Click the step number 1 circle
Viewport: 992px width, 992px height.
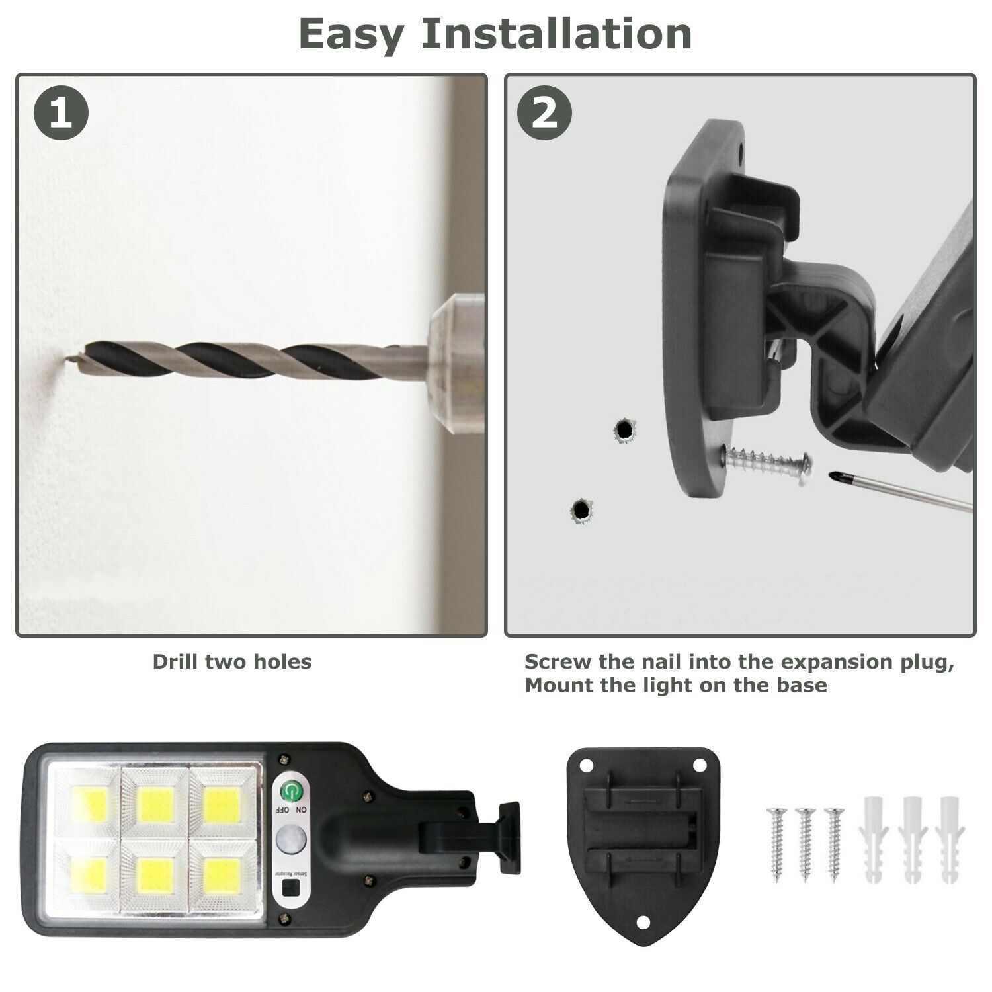pyautogui.click(x=61, y=114)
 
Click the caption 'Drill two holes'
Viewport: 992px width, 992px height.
pyautogui.click(x=232, y=661)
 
